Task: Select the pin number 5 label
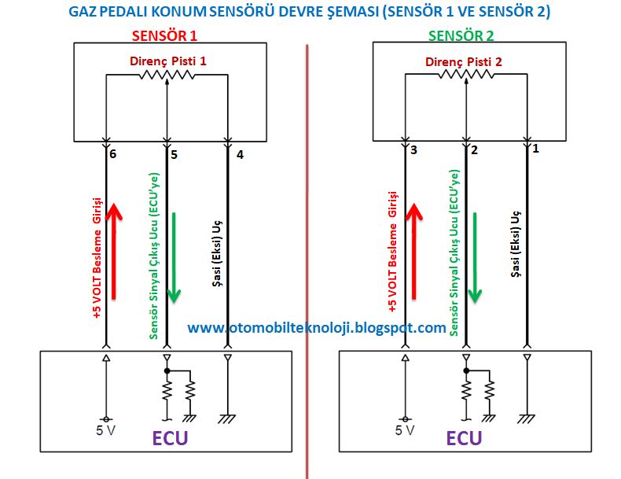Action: (174, 156)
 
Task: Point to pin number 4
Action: (240, 156)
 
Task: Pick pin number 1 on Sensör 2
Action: (535, 147)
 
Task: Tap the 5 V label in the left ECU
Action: (108, 430)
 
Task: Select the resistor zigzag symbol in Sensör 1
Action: (167, 75)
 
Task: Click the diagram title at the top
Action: (310, 13)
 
